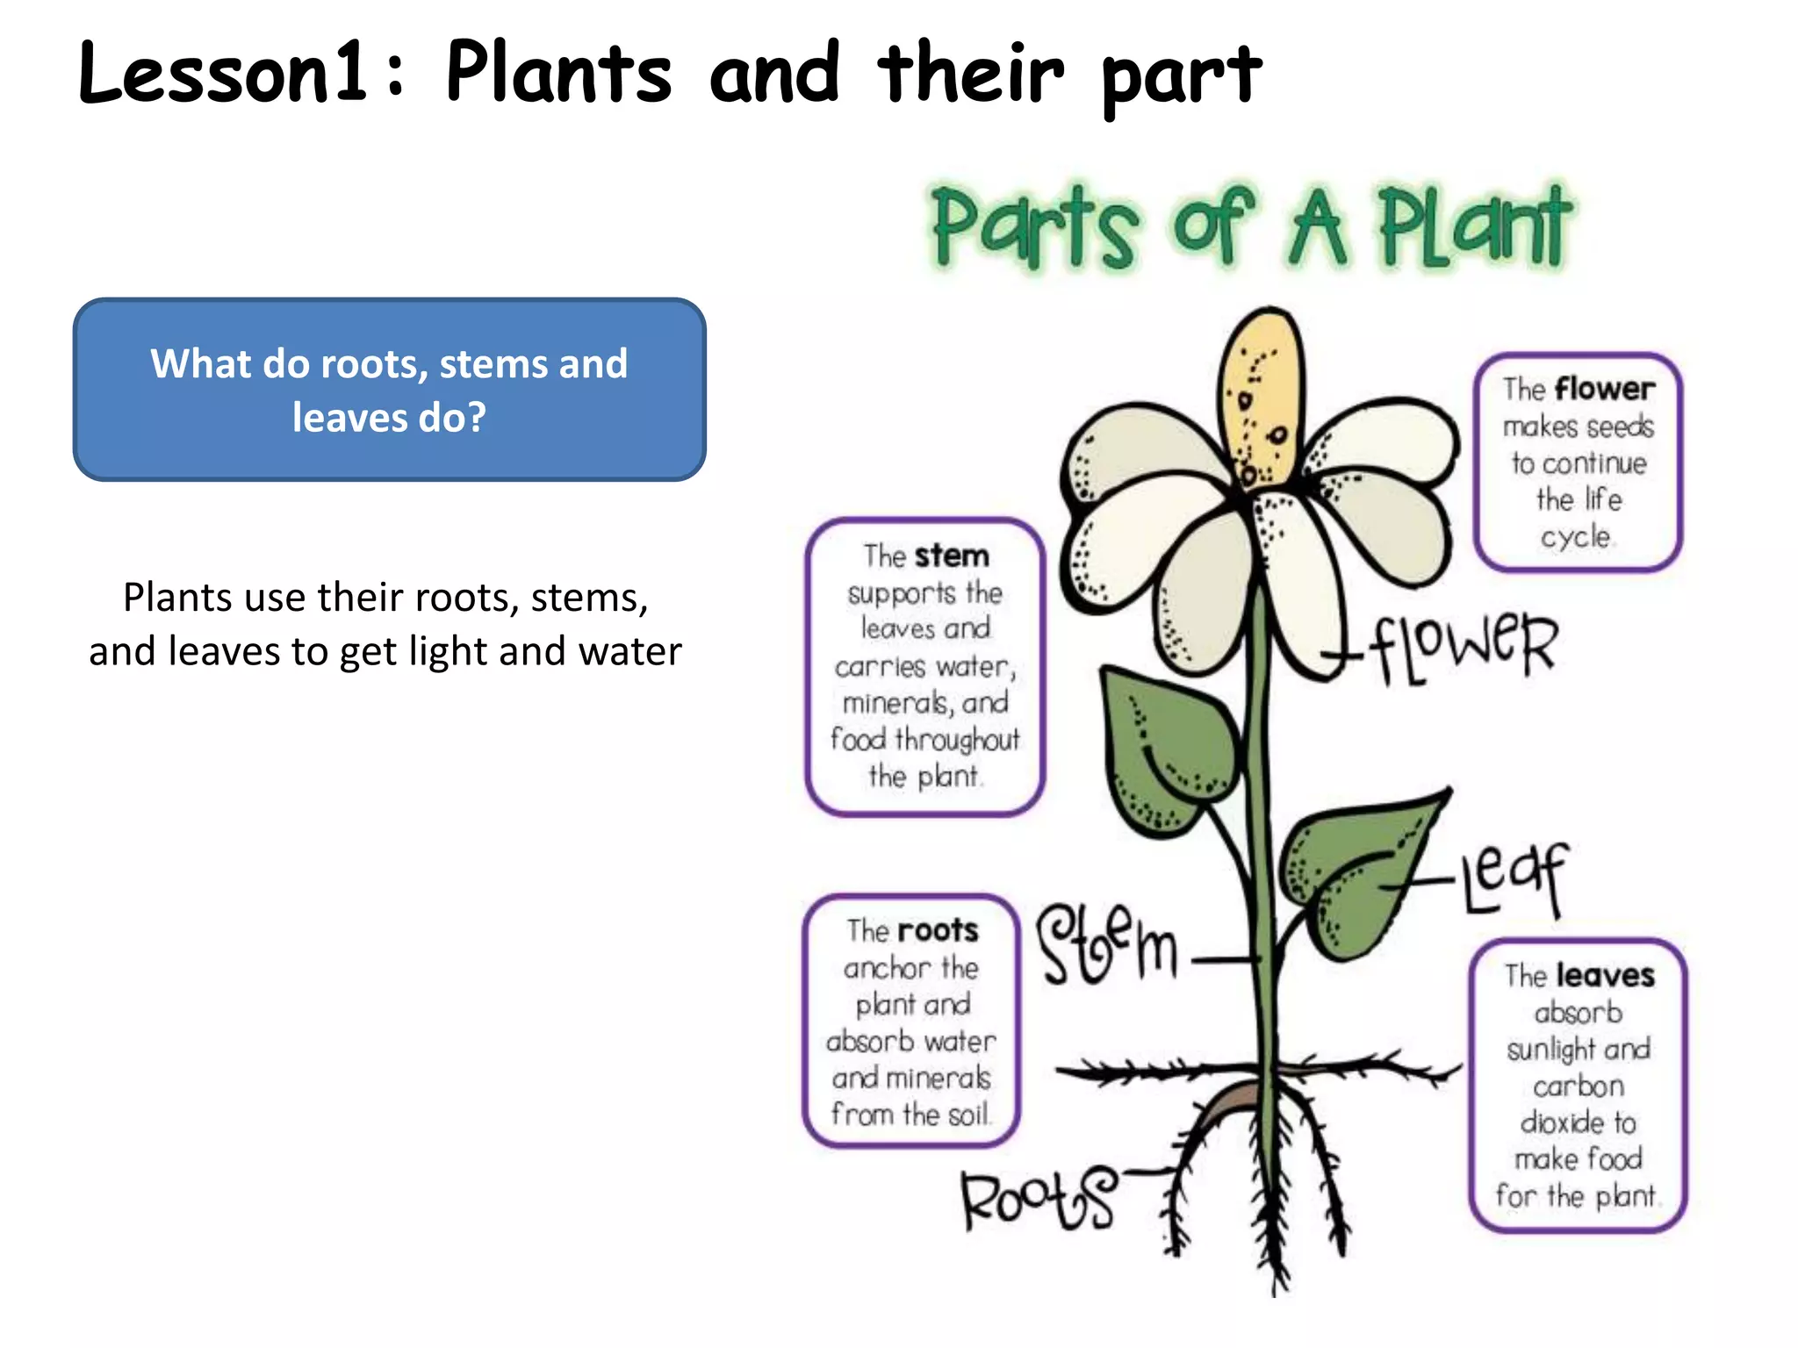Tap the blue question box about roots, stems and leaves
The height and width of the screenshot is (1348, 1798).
click(389, 390)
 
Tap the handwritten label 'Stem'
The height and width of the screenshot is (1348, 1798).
click(1107, 943)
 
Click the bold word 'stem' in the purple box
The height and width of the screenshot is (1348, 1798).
click(952, 556)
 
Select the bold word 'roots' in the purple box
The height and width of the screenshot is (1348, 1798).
click(937, 930)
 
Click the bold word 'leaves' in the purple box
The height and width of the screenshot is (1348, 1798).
click(1605, 975)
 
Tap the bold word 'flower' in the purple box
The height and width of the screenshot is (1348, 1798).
click(1604, 388)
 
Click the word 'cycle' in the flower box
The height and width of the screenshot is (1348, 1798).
click(1576, 536)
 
